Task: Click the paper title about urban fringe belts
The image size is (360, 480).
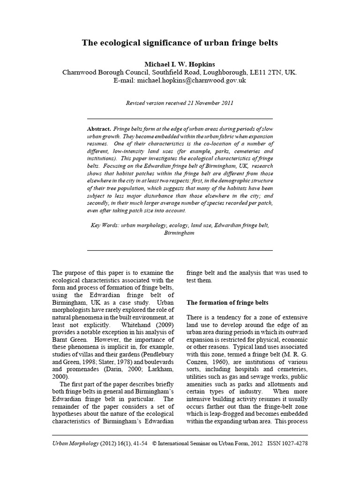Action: [x=180, y=43]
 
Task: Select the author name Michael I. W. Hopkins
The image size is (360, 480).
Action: [x=180, y=64]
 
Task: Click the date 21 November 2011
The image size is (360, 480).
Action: [x=210, y=103]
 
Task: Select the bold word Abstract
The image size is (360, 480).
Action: [x=99, y=128]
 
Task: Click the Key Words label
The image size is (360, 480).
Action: [x=105, y=225]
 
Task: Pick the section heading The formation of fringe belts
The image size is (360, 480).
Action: [x=227, y=303]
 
